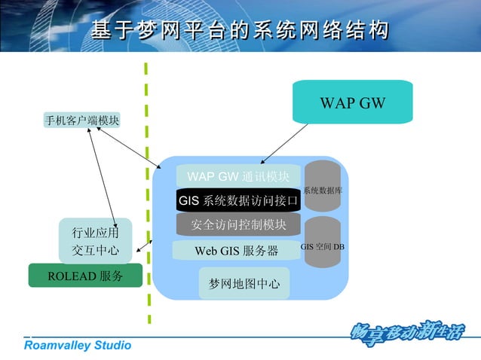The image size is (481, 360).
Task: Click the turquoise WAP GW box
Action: point(352,102)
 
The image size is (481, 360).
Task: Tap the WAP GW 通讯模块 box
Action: point(238,177)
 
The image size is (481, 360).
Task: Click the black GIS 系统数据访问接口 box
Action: point(238,201)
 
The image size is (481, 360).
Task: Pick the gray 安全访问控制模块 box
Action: point(238,224)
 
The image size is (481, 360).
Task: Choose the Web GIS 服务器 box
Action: point(236,250)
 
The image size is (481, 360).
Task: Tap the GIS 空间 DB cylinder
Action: point(323,245)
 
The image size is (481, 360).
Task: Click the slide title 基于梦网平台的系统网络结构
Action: point(240,30)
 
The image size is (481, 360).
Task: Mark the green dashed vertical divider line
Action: point(146,188)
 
